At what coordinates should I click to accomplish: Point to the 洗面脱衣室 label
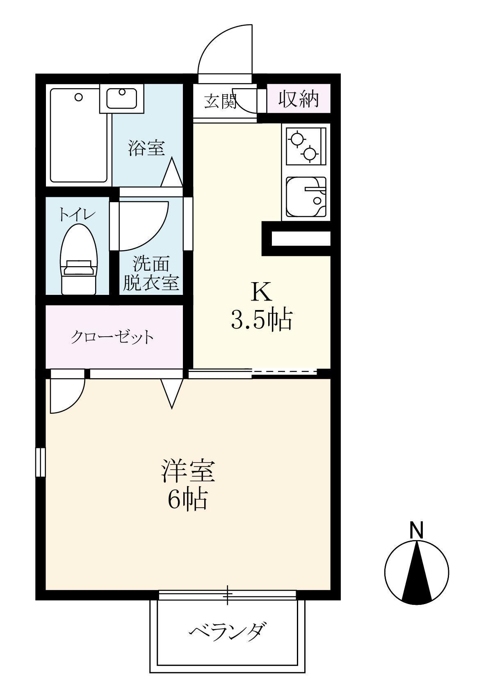click(151, 274)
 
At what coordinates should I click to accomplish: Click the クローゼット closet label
click(112, 337)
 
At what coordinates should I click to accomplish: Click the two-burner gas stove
click(304, 146)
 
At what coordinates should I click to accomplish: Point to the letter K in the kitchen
click(261, 292)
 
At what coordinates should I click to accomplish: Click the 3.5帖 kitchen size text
click(261, 319)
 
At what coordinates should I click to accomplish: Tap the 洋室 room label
click(187, 472)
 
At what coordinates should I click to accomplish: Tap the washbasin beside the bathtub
click(122, 98)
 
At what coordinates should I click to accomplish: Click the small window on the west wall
click(40, 462)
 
